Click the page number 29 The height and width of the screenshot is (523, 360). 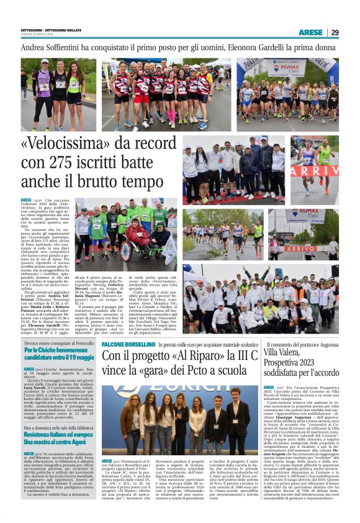335,32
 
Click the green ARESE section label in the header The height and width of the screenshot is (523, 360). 310,32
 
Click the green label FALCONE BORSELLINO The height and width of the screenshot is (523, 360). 128,344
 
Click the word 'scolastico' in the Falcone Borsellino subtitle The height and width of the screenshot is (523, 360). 243,344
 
